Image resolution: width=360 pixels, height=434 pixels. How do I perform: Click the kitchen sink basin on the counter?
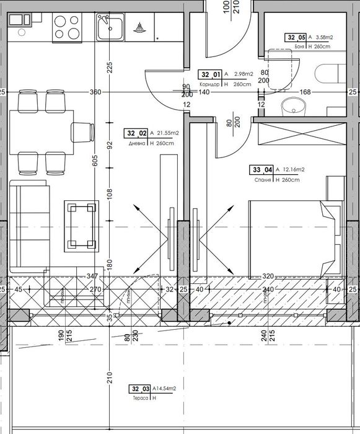click(x=108, y=27)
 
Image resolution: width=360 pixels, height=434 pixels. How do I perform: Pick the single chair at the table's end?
click(x=83, y=131)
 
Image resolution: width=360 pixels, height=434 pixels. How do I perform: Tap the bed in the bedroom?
click(x=294, y=239)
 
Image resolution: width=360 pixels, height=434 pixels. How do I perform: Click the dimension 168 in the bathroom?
click(x=305, y=92)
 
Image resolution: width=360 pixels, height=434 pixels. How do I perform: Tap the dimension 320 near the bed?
click(x=267, y=276)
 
